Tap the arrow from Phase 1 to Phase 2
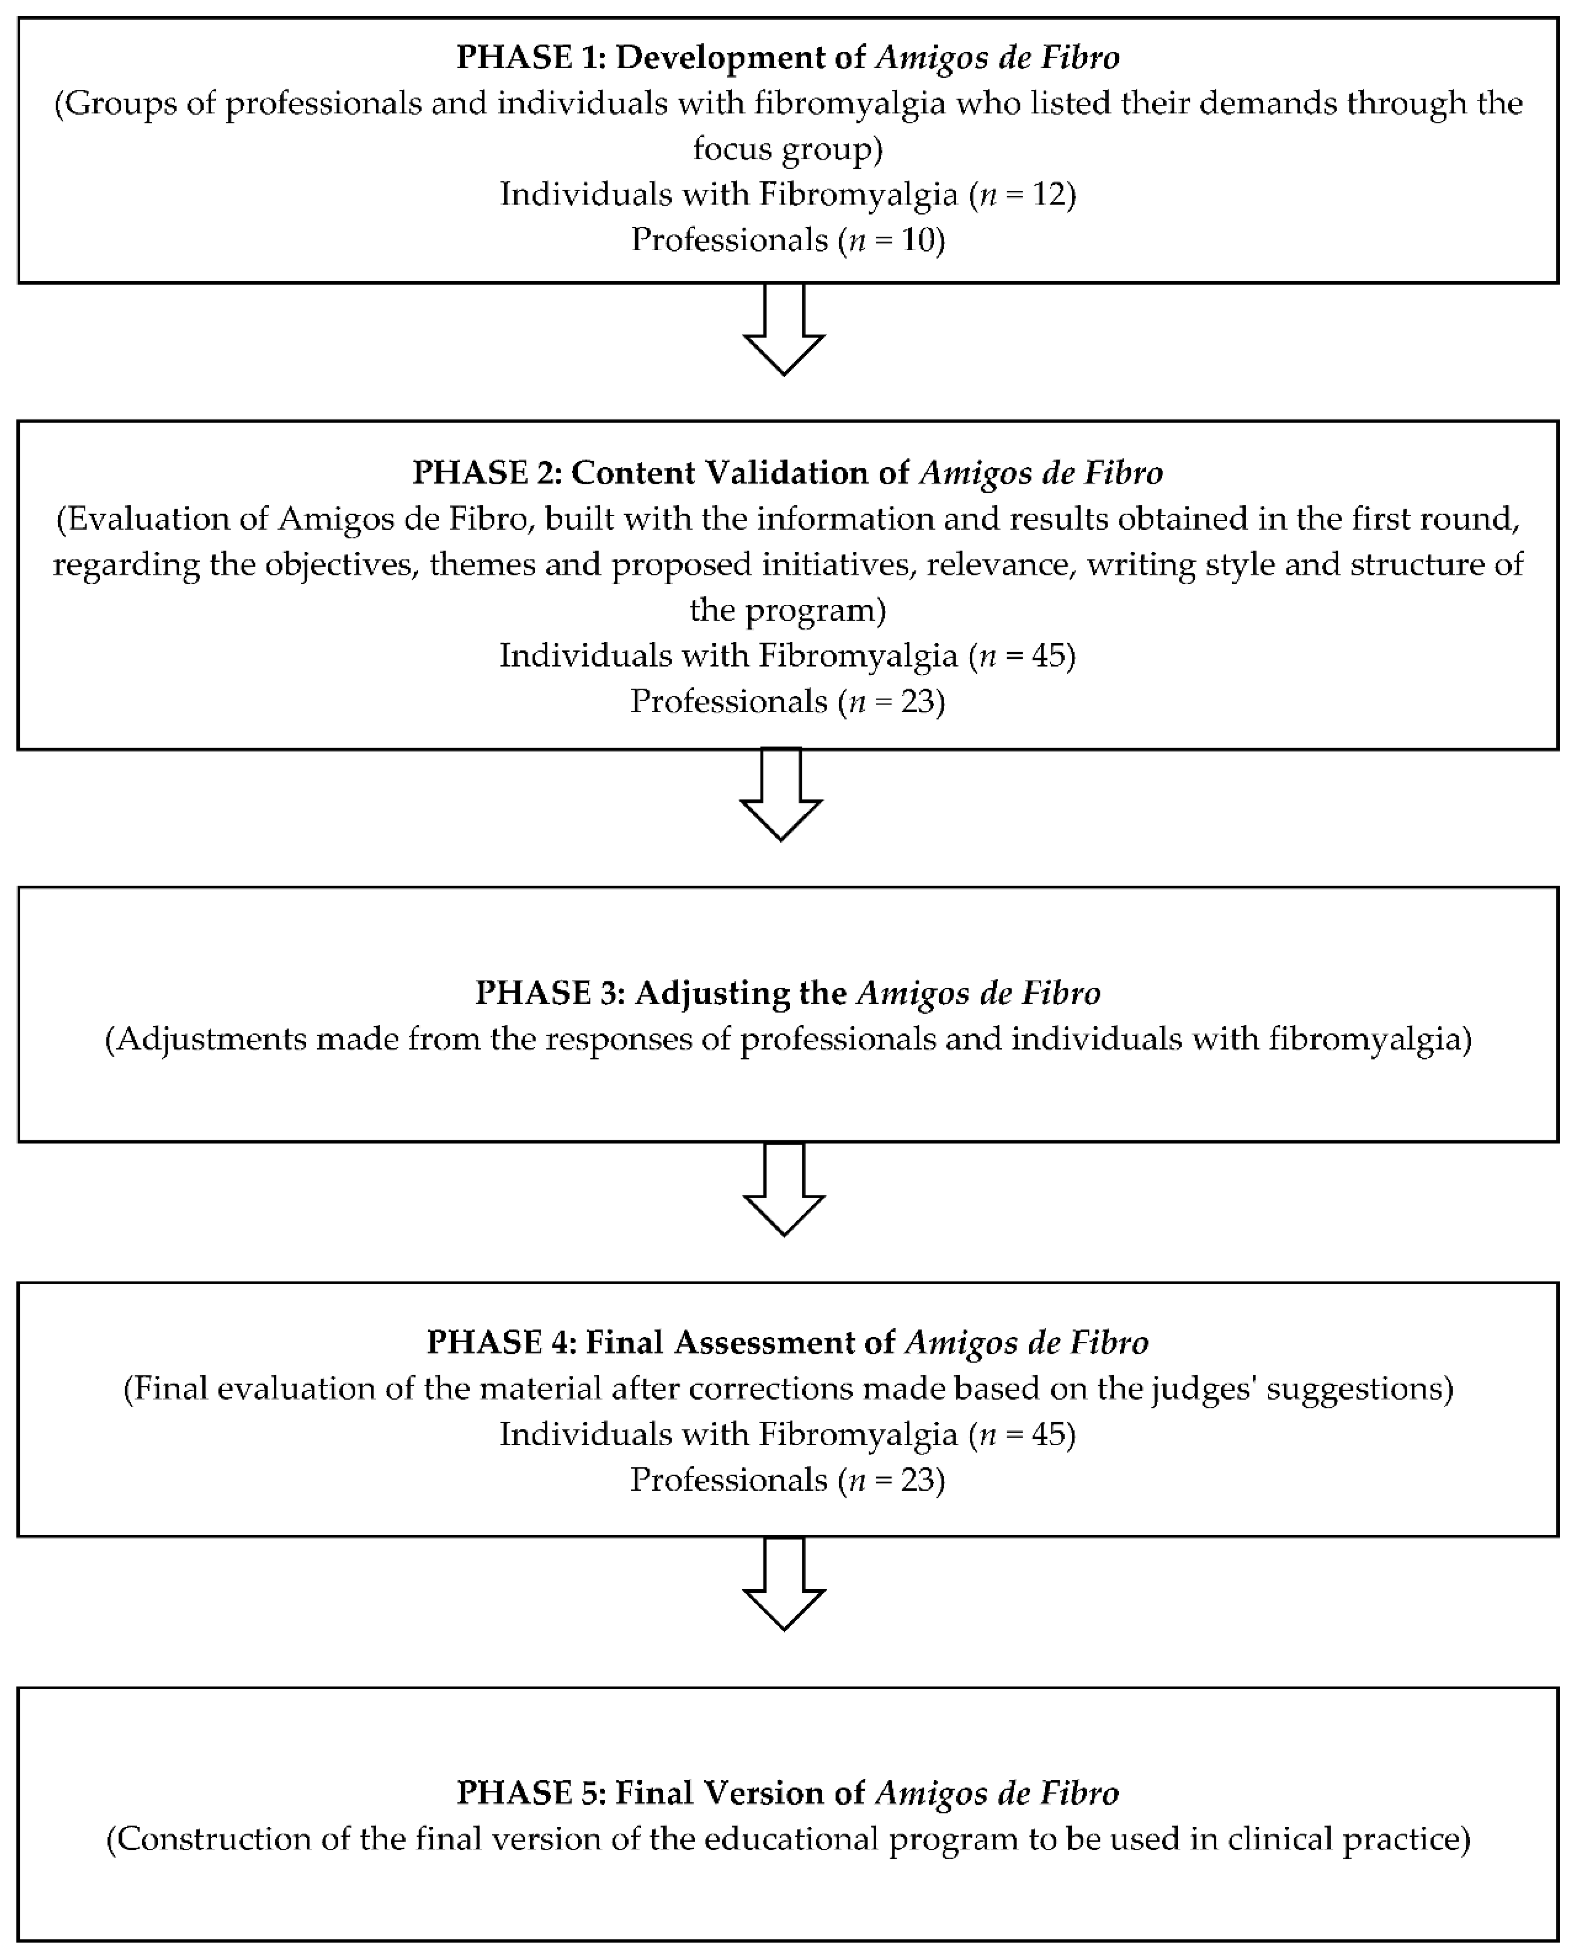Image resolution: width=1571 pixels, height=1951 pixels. (x=784, y=330)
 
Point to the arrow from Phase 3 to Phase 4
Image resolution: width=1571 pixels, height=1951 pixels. (x=784, y=1190)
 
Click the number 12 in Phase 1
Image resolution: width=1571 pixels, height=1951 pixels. (x=1048, y=195)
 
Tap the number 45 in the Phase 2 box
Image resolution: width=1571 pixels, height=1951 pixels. (x=1048, y=655)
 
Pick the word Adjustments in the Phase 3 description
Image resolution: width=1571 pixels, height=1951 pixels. (x=212, y=1039)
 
